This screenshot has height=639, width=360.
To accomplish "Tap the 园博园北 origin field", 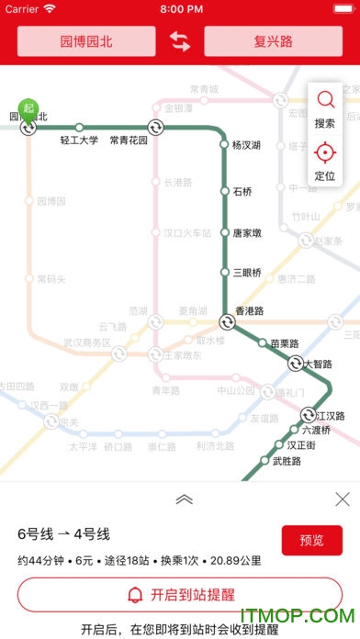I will click(86, 41).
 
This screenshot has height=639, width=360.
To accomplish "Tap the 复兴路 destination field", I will click(273, 41).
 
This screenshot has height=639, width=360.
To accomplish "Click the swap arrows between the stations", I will click(180, 41).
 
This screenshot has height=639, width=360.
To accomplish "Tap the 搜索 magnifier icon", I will click(325, 100).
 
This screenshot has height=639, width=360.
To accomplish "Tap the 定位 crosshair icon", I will click(325, 152).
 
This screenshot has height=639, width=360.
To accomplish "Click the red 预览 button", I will click(311, 540).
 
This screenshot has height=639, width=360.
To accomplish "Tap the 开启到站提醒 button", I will click(180, 594).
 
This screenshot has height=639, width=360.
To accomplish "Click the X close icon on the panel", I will click(343, 499).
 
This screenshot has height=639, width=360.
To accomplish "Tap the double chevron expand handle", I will click(184, 499).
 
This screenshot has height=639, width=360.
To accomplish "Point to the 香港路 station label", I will click(250, 312).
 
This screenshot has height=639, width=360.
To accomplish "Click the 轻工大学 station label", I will click(79, 140).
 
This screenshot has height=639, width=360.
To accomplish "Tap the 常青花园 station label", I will click(129, 140).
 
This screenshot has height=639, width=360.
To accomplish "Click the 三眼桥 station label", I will click(247, 273).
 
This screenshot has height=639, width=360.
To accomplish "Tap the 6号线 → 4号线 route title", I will click(63, 533).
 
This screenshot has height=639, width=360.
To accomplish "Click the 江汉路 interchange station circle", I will click(309, 415).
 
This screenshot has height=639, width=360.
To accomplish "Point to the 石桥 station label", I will click(242, 192).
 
